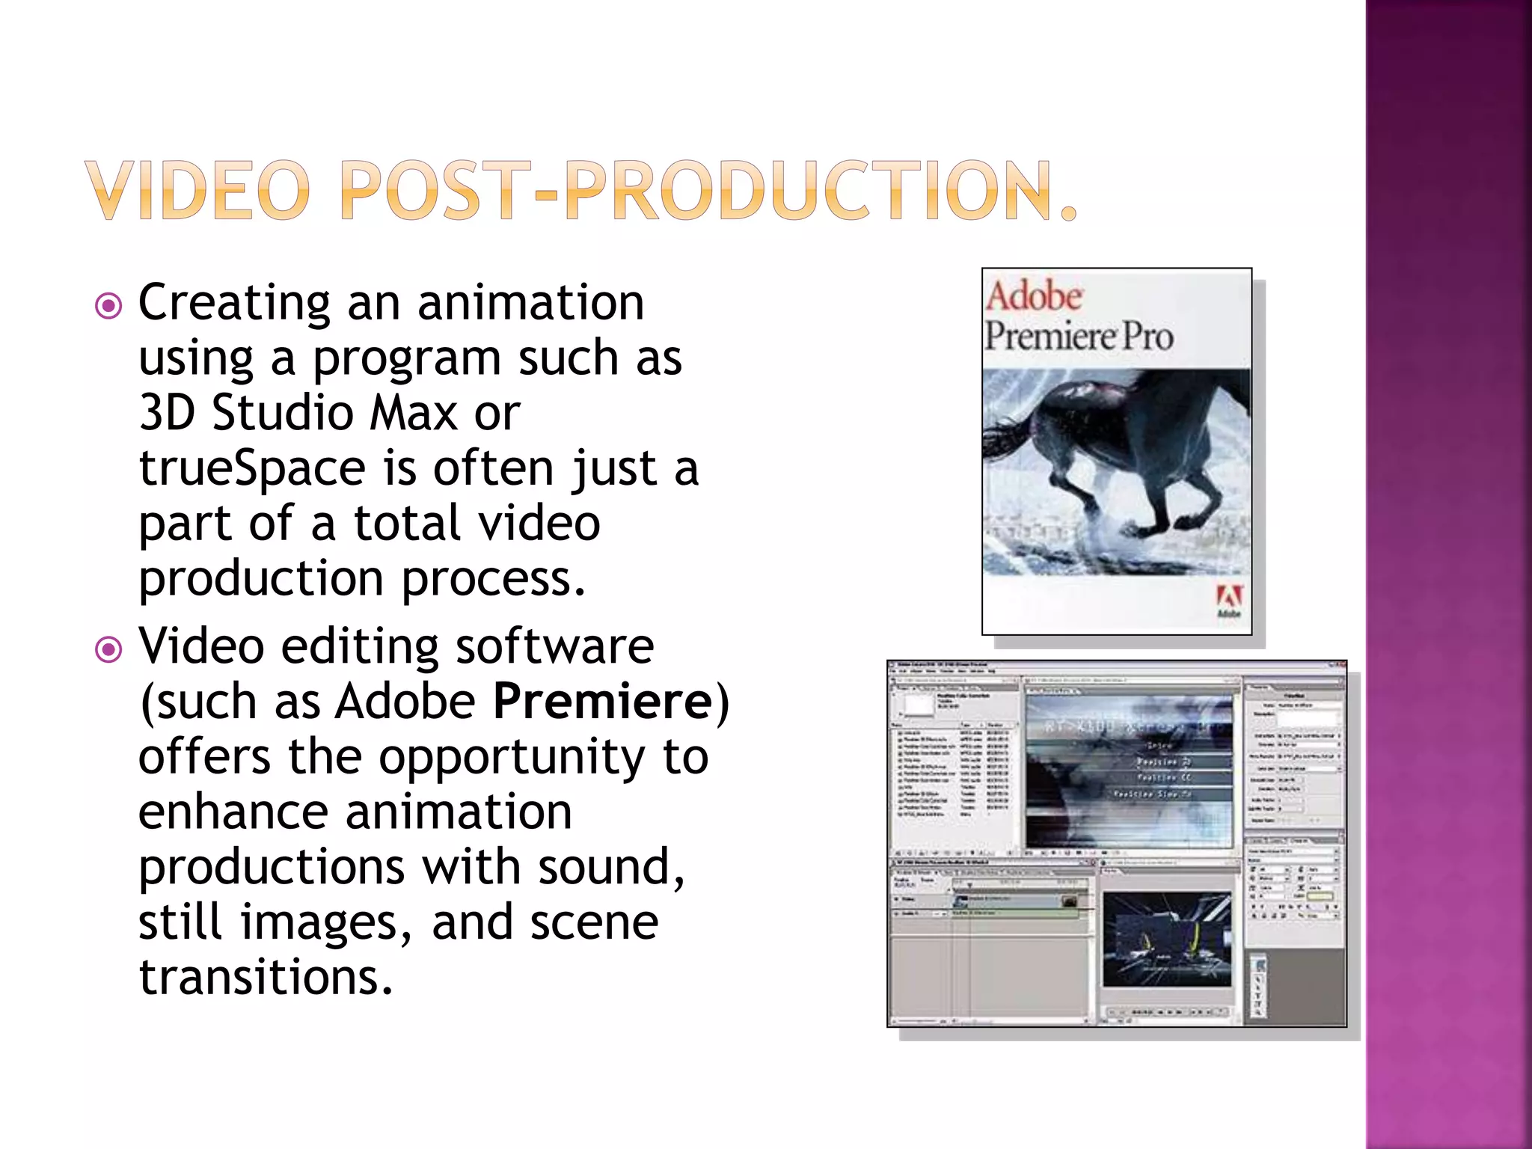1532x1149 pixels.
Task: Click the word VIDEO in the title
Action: [197, 191]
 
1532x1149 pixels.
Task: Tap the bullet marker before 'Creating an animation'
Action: [109, 306]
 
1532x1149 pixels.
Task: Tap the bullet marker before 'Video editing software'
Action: [109, 649]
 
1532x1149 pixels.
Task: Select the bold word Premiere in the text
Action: [603, 702]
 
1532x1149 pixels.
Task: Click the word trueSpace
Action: [252, 469]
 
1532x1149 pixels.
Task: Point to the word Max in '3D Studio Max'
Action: [414, 413]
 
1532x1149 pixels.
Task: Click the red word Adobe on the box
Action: [1034, 296]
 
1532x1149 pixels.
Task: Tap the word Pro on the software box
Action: [1147, 336]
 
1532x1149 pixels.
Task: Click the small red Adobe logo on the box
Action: [1229, 598]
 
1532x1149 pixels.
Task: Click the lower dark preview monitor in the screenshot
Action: [1166, 938]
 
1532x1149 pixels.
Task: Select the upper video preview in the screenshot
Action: [1129, 770]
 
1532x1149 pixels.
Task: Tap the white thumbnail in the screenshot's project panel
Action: [918, 705]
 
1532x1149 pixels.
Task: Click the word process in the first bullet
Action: [494, 580]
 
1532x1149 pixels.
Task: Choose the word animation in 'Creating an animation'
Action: [530, 303]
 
